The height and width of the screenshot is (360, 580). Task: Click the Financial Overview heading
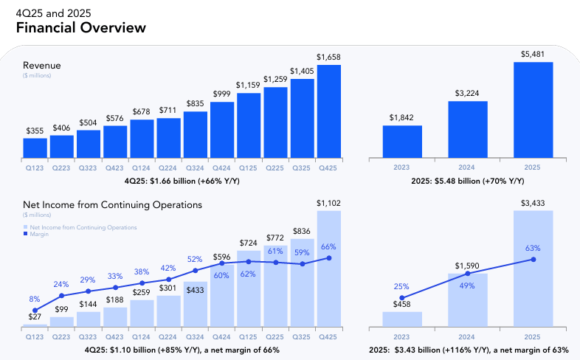pyautogui.click(x=80, y=28)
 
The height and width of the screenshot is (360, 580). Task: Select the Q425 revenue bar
pyautogui.click(x=328, y=112)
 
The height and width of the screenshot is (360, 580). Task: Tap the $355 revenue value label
pyautogui.click(x=35, y=131)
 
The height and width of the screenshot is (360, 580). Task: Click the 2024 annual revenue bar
pyautogui.click(x=467, y=130)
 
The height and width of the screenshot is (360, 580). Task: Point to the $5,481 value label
pyautogui.click(x=533, y=54)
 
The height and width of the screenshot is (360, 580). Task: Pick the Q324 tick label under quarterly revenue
pyautogui.click(x=195, y=168)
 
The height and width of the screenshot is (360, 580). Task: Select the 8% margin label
pyautogui.click(x=34, y=299)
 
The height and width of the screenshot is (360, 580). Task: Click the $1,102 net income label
pyautogui.click(x=329, y=203)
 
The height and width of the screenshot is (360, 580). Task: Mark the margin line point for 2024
pyautogui.click(x=467, y=274)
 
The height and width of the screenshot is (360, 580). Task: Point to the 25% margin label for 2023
pyautogui.click(x=402, y=286)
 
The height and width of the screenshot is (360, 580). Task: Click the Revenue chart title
pyautogui.click(x=41, y=66)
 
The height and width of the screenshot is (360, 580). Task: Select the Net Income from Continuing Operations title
pyautogui.click(x=112, y=204)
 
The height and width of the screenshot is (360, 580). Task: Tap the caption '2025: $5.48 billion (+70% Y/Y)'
pyautogui.click(x=468, y=181)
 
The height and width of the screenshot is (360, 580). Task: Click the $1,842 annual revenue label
pyautogui.click(x=402, y=117)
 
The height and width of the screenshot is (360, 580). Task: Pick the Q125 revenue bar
pyautogui.click(x=249, y=126)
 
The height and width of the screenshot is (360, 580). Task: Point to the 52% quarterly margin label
pyautogui.click(x=195, y=259)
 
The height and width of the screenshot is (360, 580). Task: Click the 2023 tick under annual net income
pyautogui.click(x=401, y=336)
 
